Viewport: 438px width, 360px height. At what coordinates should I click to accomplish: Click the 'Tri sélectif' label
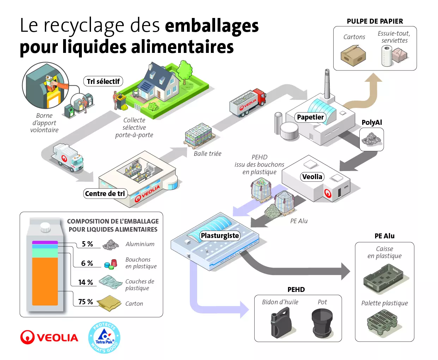pos(103,81)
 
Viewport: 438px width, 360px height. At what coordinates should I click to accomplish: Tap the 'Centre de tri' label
pos(105,194)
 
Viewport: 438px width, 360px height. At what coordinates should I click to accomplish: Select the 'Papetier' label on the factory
pos(310,117)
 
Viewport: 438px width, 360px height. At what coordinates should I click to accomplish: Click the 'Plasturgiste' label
pos(220,236)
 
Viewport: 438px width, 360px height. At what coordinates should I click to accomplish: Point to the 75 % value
pos(86,302)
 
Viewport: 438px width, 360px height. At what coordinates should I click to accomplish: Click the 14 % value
pos(86,282)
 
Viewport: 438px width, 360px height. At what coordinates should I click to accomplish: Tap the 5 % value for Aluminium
pos(87,244)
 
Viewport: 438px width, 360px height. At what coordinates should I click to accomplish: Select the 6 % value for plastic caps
pos(87,263)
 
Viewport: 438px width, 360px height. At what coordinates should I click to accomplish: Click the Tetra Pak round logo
pos(104,338)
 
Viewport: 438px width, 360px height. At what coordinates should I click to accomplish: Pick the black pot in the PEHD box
pos(322,322)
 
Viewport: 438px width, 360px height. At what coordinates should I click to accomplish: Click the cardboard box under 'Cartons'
pos(353,55)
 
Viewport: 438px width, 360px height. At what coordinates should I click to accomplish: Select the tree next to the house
pos(184,72)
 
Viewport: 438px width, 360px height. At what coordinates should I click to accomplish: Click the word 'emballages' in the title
pos(212,26)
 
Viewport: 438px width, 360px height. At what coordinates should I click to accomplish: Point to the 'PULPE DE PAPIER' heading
pos(375,21)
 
